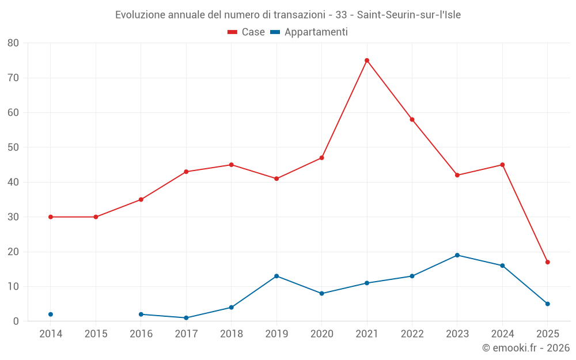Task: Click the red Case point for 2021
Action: (367, 60)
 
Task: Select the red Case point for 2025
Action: (547, 262)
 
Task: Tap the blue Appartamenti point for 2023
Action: (457, 255)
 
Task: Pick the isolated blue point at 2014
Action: (51, 314)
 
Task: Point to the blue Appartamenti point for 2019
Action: (276, 276)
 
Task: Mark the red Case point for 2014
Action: (51, 217)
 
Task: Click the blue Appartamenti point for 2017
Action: (186, 318)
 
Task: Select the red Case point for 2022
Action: (412, 120)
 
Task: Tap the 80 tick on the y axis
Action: (13, 43)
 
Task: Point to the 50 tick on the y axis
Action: (13, 147)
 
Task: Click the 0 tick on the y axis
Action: (16, 321)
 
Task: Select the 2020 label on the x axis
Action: (321, 334)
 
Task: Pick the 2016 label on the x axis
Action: (141, 334)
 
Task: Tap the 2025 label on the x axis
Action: (547, 334)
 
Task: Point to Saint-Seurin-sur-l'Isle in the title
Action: (409, 15)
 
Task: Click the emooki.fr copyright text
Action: (526, 348)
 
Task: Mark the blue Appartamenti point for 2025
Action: (547, 304)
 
